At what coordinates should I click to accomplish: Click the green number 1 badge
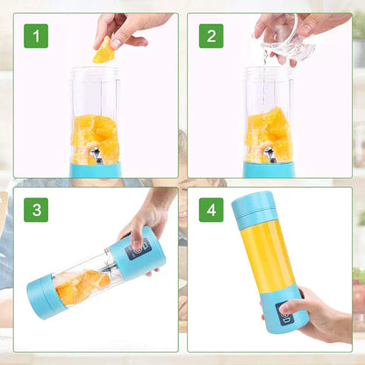pos(35,36)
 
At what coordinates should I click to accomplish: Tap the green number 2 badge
pos(211,36)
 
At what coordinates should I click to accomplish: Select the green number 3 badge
pos(35,211)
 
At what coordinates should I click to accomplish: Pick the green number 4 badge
pos(211,211)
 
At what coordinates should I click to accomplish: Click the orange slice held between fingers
pos(104,52)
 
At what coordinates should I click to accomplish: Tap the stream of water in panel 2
pos(266,79)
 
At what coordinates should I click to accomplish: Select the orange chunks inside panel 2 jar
pos(268,136)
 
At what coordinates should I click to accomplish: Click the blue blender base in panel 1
pos(95,170)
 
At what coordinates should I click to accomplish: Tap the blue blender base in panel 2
pos(268,170)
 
